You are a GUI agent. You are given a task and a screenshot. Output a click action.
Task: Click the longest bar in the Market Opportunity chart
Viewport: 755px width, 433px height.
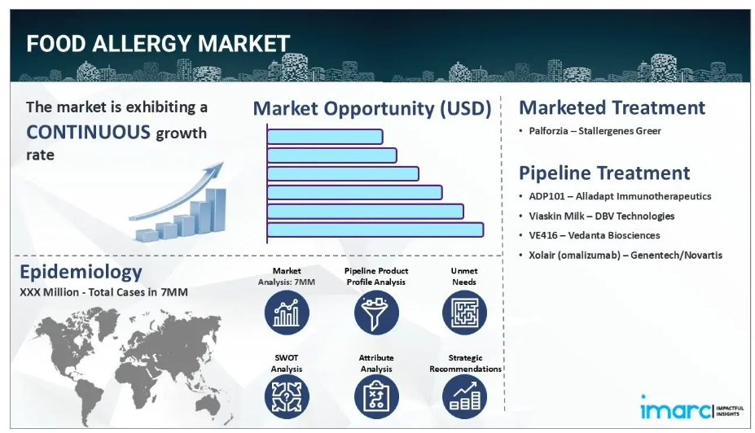375,230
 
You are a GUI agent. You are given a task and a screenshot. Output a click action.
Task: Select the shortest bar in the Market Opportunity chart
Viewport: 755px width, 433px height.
325,137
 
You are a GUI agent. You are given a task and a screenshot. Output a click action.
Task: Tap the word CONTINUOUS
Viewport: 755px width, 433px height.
88,132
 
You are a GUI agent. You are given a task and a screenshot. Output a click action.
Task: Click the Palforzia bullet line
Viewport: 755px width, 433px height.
595,131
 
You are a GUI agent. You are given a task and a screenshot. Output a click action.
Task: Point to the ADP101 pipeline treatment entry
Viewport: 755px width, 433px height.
620,196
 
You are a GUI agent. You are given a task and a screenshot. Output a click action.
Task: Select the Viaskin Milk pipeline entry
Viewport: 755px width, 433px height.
601,216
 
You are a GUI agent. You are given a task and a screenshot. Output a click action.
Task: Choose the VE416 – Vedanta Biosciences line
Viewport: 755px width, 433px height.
595,235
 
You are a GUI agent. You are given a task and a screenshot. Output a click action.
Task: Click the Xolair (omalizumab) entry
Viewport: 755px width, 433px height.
626,255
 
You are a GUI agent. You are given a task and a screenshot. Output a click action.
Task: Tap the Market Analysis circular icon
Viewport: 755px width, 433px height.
287,313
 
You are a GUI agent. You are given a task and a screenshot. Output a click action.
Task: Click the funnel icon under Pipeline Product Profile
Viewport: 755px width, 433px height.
376,313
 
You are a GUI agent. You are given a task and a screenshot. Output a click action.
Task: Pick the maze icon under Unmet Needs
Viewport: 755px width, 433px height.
465,313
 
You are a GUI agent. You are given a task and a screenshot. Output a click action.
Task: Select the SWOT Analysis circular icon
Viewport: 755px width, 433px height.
287,397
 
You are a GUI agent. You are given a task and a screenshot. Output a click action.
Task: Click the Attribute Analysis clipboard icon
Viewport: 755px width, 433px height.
376,397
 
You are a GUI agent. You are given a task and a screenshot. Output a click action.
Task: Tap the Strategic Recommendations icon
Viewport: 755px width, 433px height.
465,397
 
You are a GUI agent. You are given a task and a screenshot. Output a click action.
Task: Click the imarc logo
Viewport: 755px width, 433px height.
692,408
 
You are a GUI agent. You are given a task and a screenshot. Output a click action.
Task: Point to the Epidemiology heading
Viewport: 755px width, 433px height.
81,272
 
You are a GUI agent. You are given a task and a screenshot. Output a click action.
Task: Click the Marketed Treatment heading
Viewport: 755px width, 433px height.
612,107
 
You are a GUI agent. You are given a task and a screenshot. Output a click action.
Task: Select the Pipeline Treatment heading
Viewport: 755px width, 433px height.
604,173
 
